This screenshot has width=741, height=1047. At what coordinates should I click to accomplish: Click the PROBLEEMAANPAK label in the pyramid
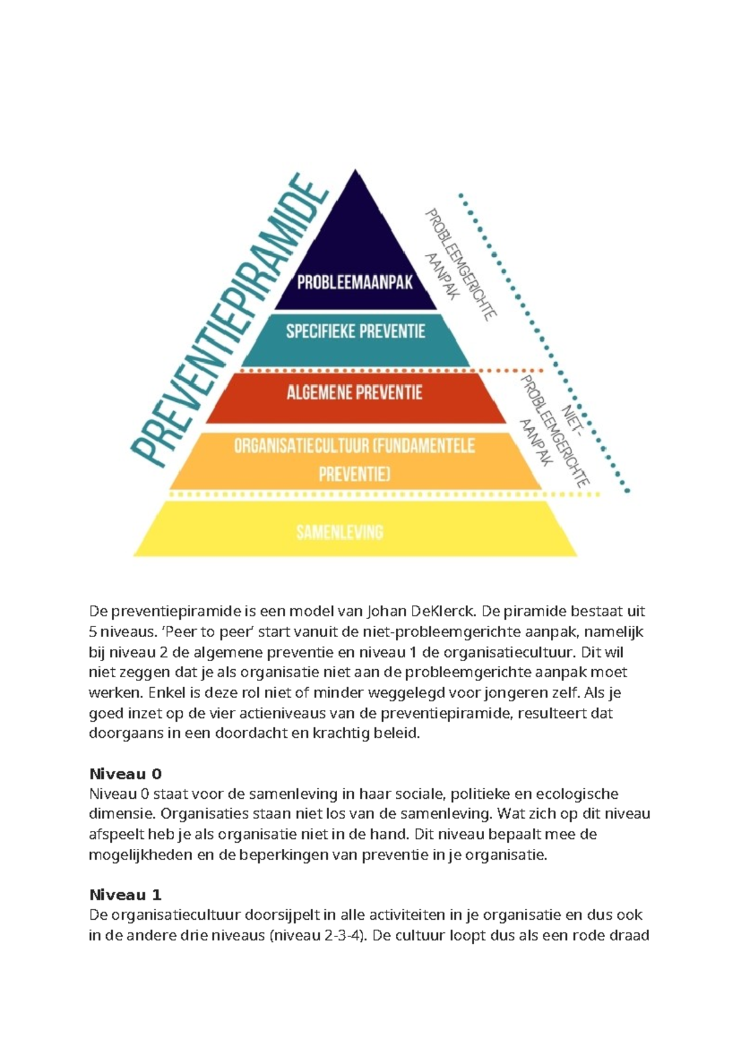(x=354, y=283)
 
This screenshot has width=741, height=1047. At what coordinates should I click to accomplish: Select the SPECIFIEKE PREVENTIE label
(x=356, y=332)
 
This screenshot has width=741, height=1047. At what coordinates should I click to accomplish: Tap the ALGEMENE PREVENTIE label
(x=354, y=392)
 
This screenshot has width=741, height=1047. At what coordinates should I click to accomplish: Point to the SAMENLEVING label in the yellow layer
(x=340, y=532)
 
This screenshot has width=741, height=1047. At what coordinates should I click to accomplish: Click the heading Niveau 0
(x=125, y=774)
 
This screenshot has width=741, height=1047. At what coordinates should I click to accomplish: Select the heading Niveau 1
(x=125, y=895)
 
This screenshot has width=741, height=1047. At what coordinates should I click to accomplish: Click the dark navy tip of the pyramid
(x=355, y=204)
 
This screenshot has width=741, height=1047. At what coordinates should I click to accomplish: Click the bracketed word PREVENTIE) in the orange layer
(x=354, y=474)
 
